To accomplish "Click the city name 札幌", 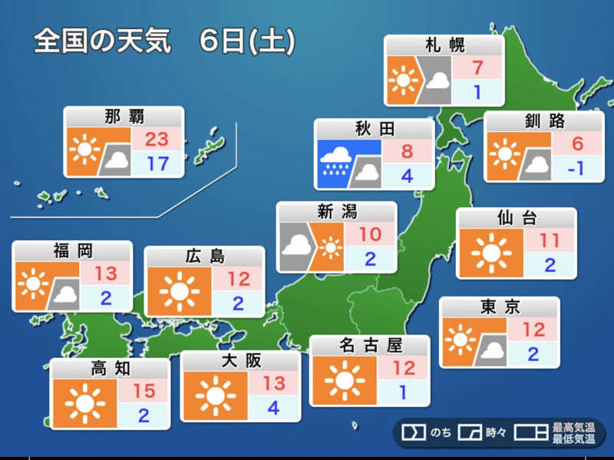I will tap(444, 45).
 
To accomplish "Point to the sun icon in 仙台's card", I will tap(491, 253).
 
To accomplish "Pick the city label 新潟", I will tap(336, 212).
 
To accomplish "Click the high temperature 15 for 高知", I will tap(144, 391).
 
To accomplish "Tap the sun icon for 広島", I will tap(179, 290).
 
